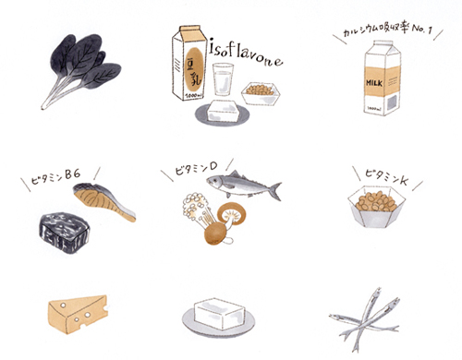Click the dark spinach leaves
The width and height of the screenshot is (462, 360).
pyautogui.click(x=86, y=62)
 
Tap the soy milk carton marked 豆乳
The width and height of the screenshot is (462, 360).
pyautogui.click(x=188, y=63)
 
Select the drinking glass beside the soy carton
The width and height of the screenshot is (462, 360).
pyautogui.click(x=223, y=79)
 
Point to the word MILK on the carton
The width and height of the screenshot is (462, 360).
pyautogui.click(x=374, y=83)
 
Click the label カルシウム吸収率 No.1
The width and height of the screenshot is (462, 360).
pyautogui.click(x=387, y=31)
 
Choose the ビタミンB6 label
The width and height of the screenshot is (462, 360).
pyautogui.click(x=56, y=177)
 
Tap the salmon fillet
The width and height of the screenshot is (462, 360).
pyautogui.click(x=104, y=200)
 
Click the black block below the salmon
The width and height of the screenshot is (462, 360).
pyautogui.click(x=64, y=233)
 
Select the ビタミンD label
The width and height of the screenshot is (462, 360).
pyautogui.click(x=196, y=169)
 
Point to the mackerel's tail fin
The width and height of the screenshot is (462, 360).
pyautogui.click(x=274, y=191)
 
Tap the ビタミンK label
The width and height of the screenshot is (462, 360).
pyautogui.click(x=386, y=176)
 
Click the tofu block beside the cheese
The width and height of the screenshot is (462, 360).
pyautogui.click(x=219, y=314)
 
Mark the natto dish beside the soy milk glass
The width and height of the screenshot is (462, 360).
pyautogui.click(x=261, y=93)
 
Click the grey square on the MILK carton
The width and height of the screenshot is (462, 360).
pyautogui.click(x=392, y=102)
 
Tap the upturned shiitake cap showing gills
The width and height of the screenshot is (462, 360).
pyautogui.click(x=232, y=212)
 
